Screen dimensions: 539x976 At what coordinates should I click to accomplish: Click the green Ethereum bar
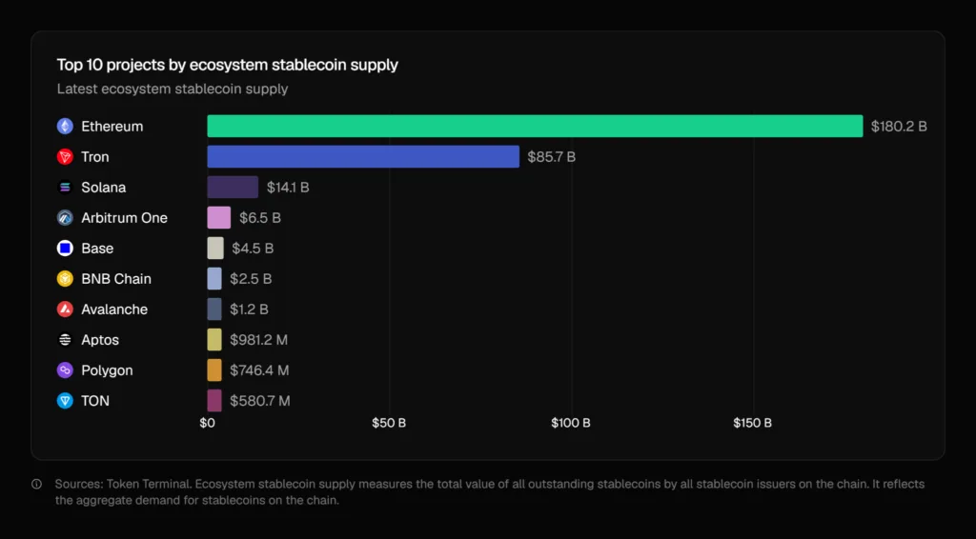click(535, 127)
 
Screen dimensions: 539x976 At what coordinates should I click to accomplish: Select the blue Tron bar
click(363, 157)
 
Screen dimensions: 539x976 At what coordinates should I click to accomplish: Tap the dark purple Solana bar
click(233, 188)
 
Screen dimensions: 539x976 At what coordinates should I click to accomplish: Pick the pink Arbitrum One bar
click(219, 218)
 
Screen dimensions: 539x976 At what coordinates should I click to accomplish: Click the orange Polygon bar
click(214, 370)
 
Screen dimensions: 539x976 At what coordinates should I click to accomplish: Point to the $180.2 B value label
click(898, 127)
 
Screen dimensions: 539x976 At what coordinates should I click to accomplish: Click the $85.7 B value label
click(552, 157)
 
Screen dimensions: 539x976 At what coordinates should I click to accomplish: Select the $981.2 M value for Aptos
click(259, 340)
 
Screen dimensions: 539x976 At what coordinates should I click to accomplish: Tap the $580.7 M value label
click(259, 401)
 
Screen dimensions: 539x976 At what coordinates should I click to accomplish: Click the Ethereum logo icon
click(65, 127)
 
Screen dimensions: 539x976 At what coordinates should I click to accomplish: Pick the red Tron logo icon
click(65, 157)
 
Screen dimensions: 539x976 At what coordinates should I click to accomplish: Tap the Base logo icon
click(65, 249)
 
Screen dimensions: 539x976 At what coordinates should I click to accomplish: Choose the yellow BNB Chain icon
click(65, 279)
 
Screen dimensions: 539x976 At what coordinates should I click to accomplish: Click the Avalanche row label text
click(114, 309)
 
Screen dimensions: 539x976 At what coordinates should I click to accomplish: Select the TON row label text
click(95, 401)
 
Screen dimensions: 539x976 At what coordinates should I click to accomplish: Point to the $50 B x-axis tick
click(389, 423)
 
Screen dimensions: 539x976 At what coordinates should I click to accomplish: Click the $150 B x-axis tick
click(753, 423)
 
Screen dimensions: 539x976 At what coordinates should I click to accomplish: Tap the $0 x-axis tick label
click(208, 423)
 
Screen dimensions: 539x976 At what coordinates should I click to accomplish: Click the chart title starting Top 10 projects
click(227, 66)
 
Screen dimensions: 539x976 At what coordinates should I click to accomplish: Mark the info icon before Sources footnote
click(37, 484)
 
